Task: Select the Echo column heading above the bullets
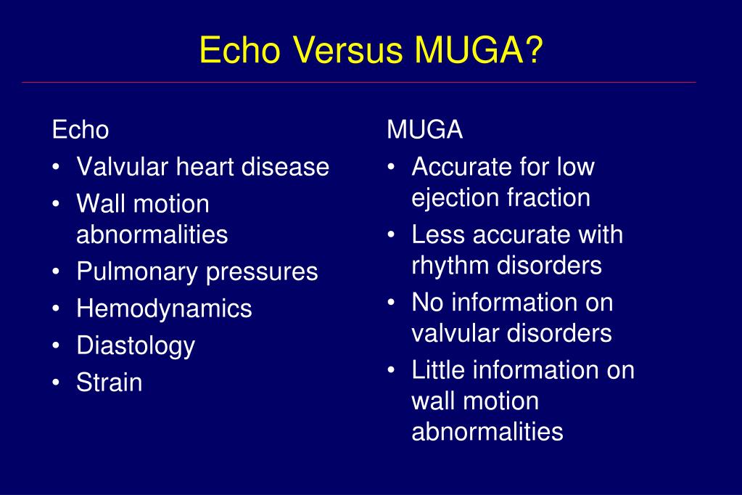81,130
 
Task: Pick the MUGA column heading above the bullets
424,130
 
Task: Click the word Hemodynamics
164,308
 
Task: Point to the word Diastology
136,345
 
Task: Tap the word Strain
110,382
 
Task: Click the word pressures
262,272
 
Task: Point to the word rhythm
450,266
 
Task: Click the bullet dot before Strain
57,383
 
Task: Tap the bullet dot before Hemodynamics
57,309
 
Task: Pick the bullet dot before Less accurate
392,235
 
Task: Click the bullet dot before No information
392,303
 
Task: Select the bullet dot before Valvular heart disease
57,168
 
